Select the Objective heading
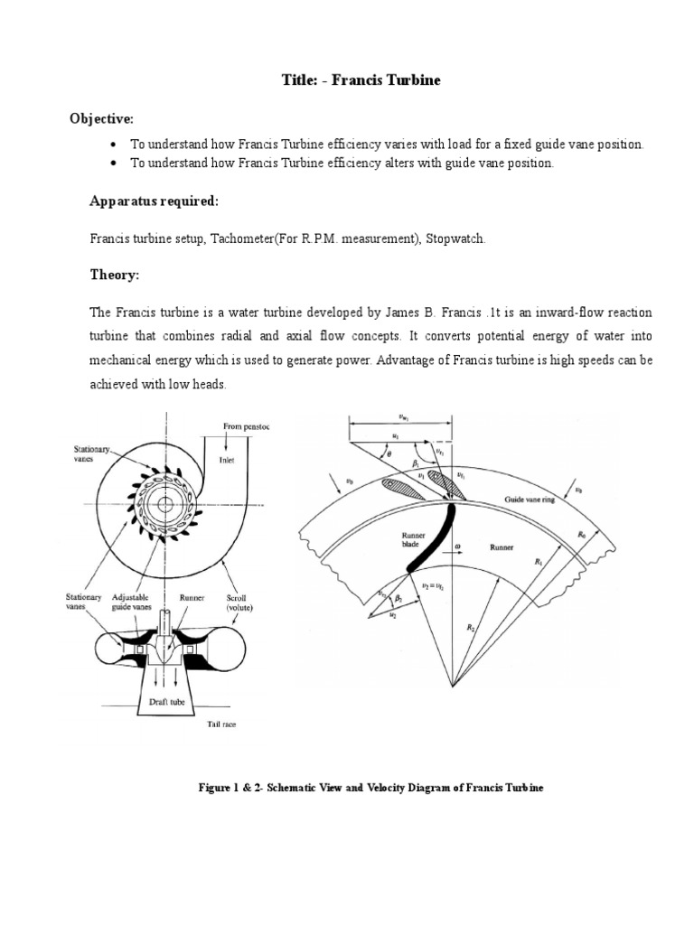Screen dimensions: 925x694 pyautogui.click(x=103, y=119)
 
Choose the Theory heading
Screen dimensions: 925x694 pyautogui.click(x=112, y=275)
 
